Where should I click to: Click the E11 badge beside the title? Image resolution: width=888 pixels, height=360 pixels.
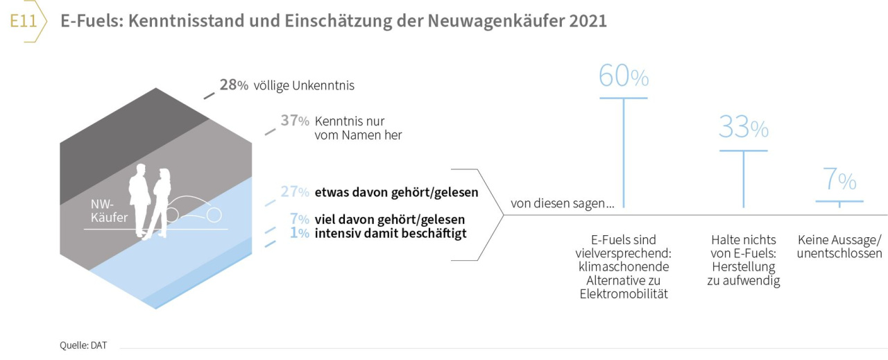pyautogui.click(x=23, y=22)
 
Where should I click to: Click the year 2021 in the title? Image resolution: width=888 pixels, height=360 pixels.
pyautogui.click(x=588, y=22)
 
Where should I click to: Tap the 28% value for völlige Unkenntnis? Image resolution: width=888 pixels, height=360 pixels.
pyautogui.click(x=234, y=85)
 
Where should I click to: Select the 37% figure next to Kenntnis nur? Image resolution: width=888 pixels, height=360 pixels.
pyautogui.click(x=294, y=121)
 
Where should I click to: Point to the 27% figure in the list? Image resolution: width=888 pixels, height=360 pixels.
pyautogui.click(x=294, y=192)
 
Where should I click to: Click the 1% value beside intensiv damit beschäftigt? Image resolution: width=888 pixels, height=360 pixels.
pyautogui.click(x=299, y=233)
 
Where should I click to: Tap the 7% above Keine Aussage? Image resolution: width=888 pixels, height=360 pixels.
pyautogui.click(x=839, y=181)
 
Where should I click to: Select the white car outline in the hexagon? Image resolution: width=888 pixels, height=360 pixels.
pyautogui.click(x=198, y=211)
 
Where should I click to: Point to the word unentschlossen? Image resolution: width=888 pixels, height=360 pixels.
pyautogui.click(x=839, y=253)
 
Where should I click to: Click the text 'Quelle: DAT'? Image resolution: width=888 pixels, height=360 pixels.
pyautogui.click(x=83, y=345)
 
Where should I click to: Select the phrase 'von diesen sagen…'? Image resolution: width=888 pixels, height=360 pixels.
pyautogui.click(x=563, y=204)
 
